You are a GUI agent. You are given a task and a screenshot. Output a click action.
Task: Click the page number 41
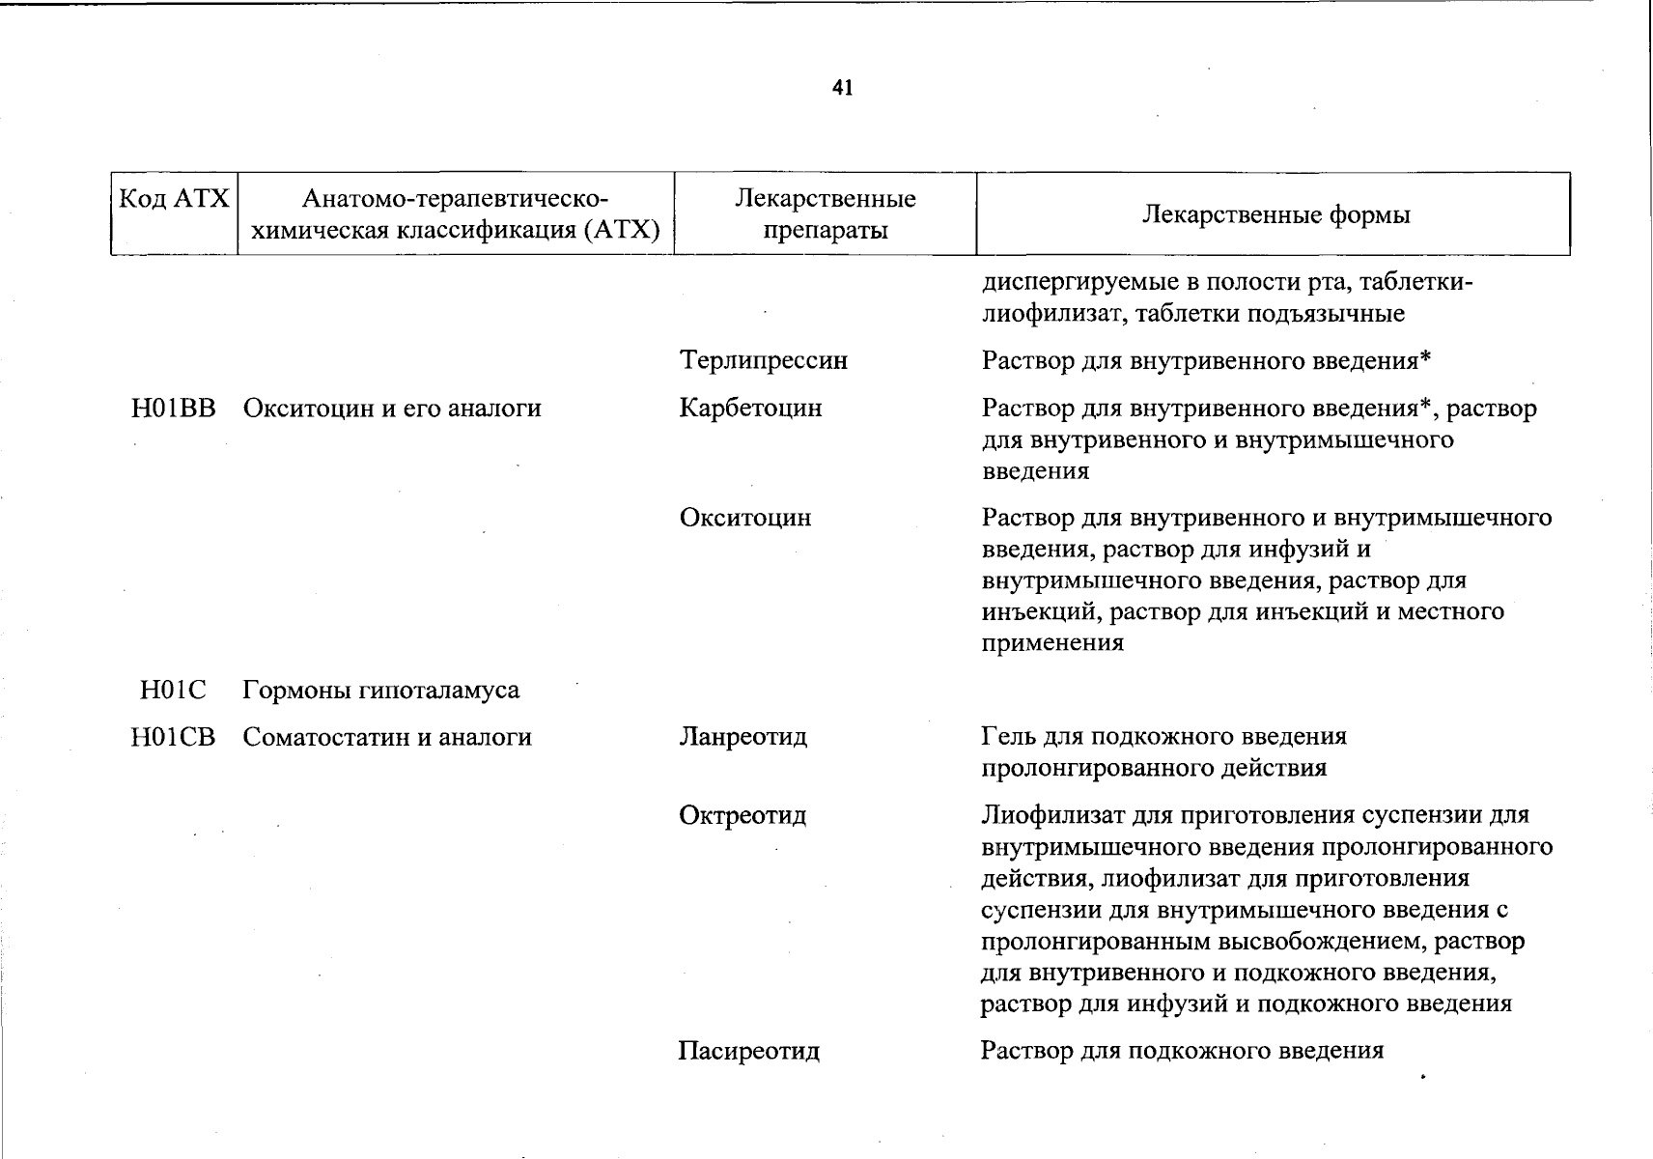[842, 89]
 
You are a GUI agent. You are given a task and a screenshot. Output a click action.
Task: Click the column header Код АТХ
[174, 199]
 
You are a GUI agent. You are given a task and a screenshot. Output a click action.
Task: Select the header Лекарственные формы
[1275, 214]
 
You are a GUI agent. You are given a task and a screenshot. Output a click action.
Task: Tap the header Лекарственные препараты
[825, 214]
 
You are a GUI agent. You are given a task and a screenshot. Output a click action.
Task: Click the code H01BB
[174, 409]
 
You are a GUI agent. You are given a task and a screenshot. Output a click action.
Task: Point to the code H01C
[174, 691]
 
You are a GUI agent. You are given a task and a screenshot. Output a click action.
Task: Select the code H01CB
[174, 738]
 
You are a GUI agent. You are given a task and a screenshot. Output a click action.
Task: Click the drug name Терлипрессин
[763, 361]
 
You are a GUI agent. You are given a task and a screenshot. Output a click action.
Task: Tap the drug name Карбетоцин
[750, 409]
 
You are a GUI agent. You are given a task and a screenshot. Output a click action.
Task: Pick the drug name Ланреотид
[742, 738]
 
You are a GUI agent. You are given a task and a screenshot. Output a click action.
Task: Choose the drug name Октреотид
[742, 816]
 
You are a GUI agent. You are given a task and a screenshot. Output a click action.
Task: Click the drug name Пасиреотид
[748, 1051]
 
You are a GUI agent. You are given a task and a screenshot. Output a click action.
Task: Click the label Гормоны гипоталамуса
[380, 691]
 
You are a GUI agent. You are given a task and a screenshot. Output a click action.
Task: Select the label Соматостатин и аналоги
[386, 738]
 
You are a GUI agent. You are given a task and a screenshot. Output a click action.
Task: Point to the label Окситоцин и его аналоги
[391, 409]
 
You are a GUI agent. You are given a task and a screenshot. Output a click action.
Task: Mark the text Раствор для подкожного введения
[1182, 1051]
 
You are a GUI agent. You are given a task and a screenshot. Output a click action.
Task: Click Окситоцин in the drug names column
[744, 519]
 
